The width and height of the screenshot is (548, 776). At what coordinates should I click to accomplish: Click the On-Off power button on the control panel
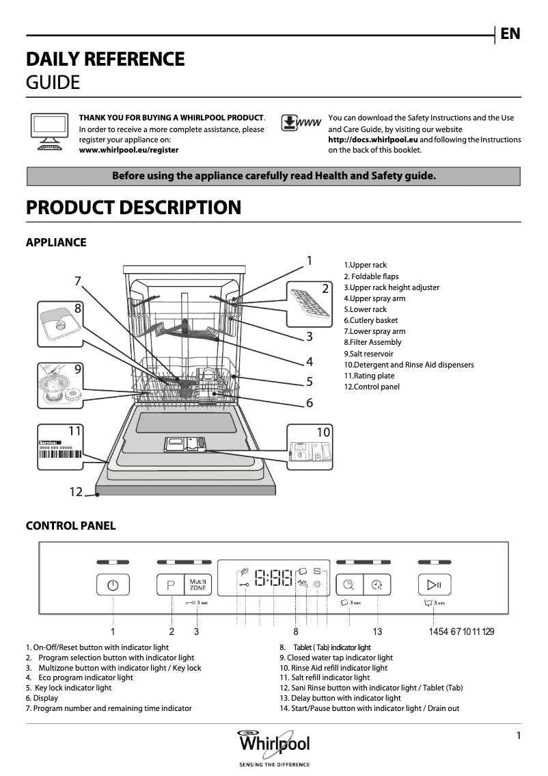[113, 585]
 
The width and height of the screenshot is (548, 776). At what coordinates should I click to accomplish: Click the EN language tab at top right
[510, 34]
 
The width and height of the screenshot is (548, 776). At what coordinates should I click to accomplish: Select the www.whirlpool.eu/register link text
[129, 150]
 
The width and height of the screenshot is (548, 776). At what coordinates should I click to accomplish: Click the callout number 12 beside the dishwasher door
[76, 491]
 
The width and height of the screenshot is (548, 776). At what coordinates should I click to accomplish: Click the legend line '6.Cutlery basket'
[370, 320]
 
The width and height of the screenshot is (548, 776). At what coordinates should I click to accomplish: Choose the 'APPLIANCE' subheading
[56, 242]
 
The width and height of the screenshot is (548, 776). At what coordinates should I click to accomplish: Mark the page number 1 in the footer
[519, 736]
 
